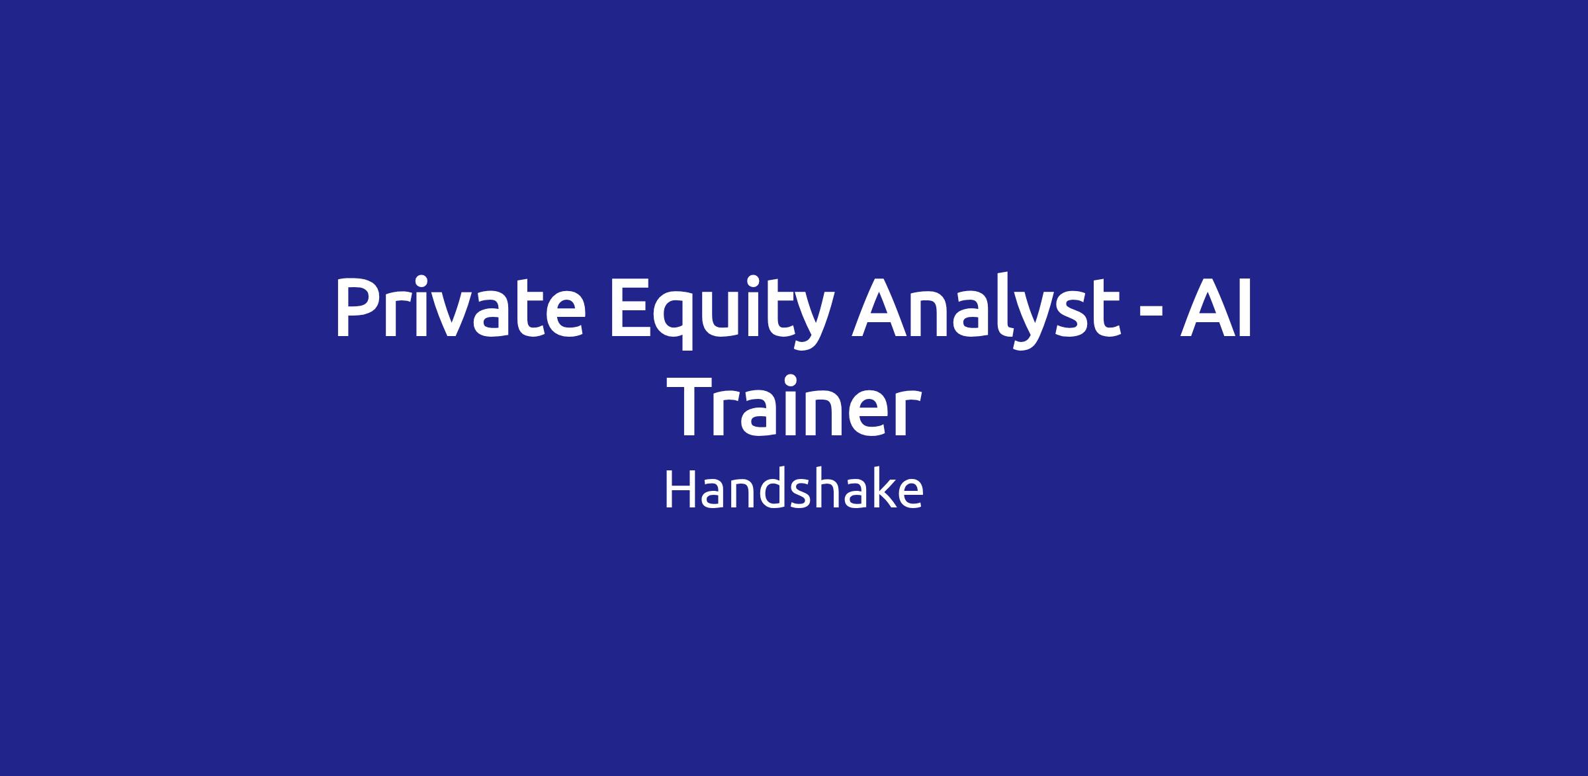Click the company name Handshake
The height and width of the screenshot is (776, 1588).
pos(793,491)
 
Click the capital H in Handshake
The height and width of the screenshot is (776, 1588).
pos(680,490)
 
